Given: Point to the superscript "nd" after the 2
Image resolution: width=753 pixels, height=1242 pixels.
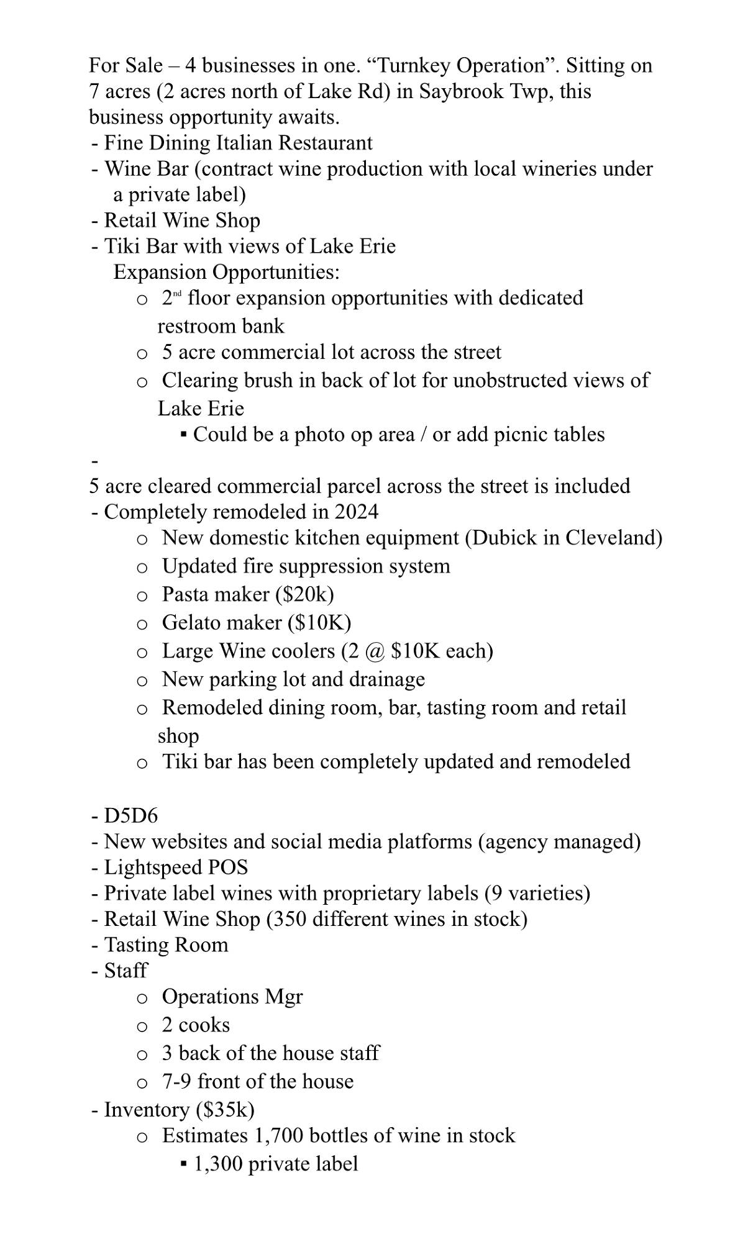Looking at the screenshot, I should [177, 293].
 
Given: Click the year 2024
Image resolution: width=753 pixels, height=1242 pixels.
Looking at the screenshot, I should [356, 512].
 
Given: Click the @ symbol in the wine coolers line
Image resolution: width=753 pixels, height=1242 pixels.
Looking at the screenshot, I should [373, 651].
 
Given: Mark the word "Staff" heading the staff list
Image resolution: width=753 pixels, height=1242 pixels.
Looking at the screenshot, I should [125, 971].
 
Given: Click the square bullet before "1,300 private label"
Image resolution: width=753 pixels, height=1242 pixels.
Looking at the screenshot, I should [183, 1163].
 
